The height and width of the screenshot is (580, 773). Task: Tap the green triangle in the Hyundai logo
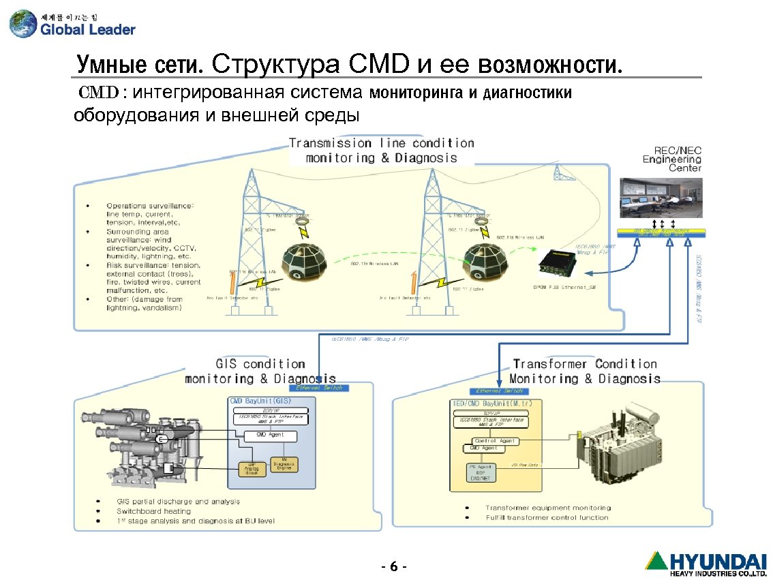click(657, 561)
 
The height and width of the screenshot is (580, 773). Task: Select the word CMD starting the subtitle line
click(99, 92)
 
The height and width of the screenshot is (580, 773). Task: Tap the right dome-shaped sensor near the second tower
click(485, 259)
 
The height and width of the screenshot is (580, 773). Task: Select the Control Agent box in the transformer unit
click(495, 441)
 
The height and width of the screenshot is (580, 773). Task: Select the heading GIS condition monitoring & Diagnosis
click(260, 371)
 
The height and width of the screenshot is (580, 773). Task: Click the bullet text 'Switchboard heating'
click(153, 511)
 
